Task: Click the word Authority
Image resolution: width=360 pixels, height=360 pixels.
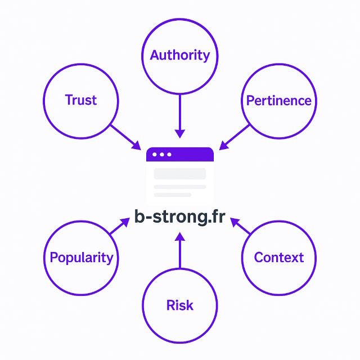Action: point(179,55)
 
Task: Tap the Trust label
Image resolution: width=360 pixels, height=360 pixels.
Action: point(81,100)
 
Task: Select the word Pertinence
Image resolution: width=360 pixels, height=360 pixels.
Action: point(278,101)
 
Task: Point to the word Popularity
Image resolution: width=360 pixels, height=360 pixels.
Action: point(82,258)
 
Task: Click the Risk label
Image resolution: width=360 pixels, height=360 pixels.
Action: point(179,305)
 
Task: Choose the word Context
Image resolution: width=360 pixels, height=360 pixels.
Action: point(278,258)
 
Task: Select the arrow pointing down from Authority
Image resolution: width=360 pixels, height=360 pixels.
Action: point(179,115)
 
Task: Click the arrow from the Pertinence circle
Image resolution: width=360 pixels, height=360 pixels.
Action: point(235,137)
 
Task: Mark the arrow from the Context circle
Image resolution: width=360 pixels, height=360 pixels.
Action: point(241,226)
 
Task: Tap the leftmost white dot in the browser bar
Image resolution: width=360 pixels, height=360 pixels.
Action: point(155,154)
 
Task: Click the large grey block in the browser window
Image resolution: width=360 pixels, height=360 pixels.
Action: point(180,173)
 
